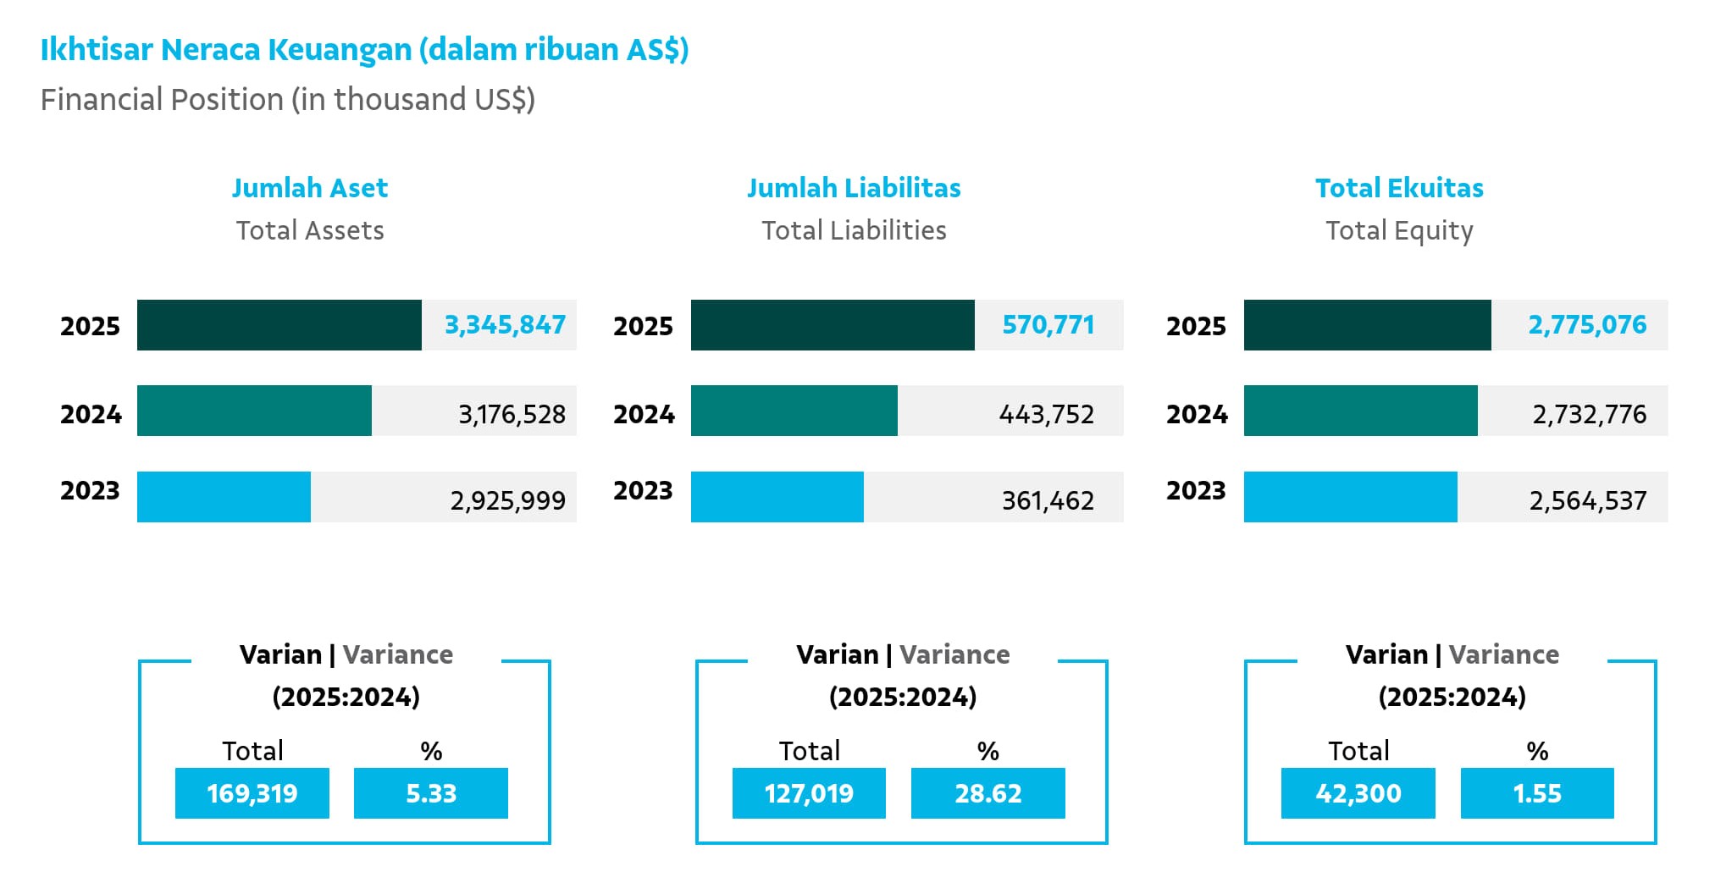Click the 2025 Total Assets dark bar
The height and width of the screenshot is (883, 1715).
pos(279,325)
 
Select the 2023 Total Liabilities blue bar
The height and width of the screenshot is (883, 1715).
pos(777,497)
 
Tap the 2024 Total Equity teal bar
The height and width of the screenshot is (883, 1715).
pos(1361,411)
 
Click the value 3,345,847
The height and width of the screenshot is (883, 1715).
pos(505,325)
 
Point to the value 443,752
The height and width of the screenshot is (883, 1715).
pos(1047,414)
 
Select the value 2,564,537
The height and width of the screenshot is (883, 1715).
pos(1588,500)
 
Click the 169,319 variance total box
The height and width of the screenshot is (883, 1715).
pos(252,793)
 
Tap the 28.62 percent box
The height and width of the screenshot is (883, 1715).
pos(988,793)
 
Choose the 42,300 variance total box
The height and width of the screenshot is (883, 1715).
pos(1358,793)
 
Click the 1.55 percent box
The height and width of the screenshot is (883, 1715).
pos(1537,793)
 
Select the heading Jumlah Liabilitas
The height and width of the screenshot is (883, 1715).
pos(854,188)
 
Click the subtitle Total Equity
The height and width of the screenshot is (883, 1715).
pos(1399,231)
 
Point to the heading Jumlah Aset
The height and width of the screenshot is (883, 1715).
pos(310,188)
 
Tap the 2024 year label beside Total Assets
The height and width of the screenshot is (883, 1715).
pos(91,414)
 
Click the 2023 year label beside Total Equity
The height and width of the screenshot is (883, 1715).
pos(1196,490)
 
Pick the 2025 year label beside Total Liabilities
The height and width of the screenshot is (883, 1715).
pos(643,326)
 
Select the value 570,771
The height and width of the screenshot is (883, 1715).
pos(1048,325)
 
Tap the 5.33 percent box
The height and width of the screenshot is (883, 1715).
pos(431,793)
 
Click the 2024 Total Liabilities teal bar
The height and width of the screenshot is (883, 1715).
pos(794,411)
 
